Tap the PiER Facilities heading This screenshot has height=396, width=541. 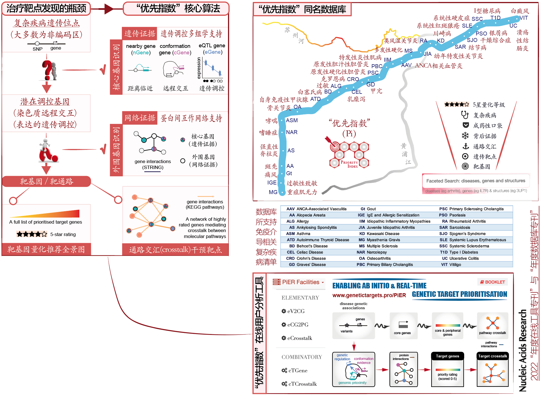point(300,282)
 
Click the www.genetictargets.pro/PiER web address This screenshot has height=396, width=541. point(369,295)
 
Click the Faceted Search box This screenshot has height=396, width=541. point(475,181)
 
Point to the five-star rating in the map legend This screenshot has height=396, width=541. point(457,104)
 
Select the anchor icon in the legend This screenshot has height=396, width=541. point(466,146)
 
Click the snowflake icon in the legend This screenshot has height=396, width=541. point(465,136)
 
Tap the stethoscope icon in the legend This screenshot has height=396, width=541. point(465,115)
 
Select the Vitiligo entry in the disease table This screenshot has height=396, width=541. point(455,264)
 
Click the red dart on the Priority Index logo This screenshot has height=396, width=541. point(329,140)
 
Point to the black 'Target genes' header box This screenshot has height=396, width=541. point(447,356)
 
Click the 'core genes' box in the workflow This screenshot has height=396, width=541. point(403,325)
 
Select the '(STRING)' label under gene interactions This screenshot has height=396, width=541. point(153,167)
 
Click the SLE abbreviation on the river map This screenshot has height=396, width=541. point(467,26)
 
